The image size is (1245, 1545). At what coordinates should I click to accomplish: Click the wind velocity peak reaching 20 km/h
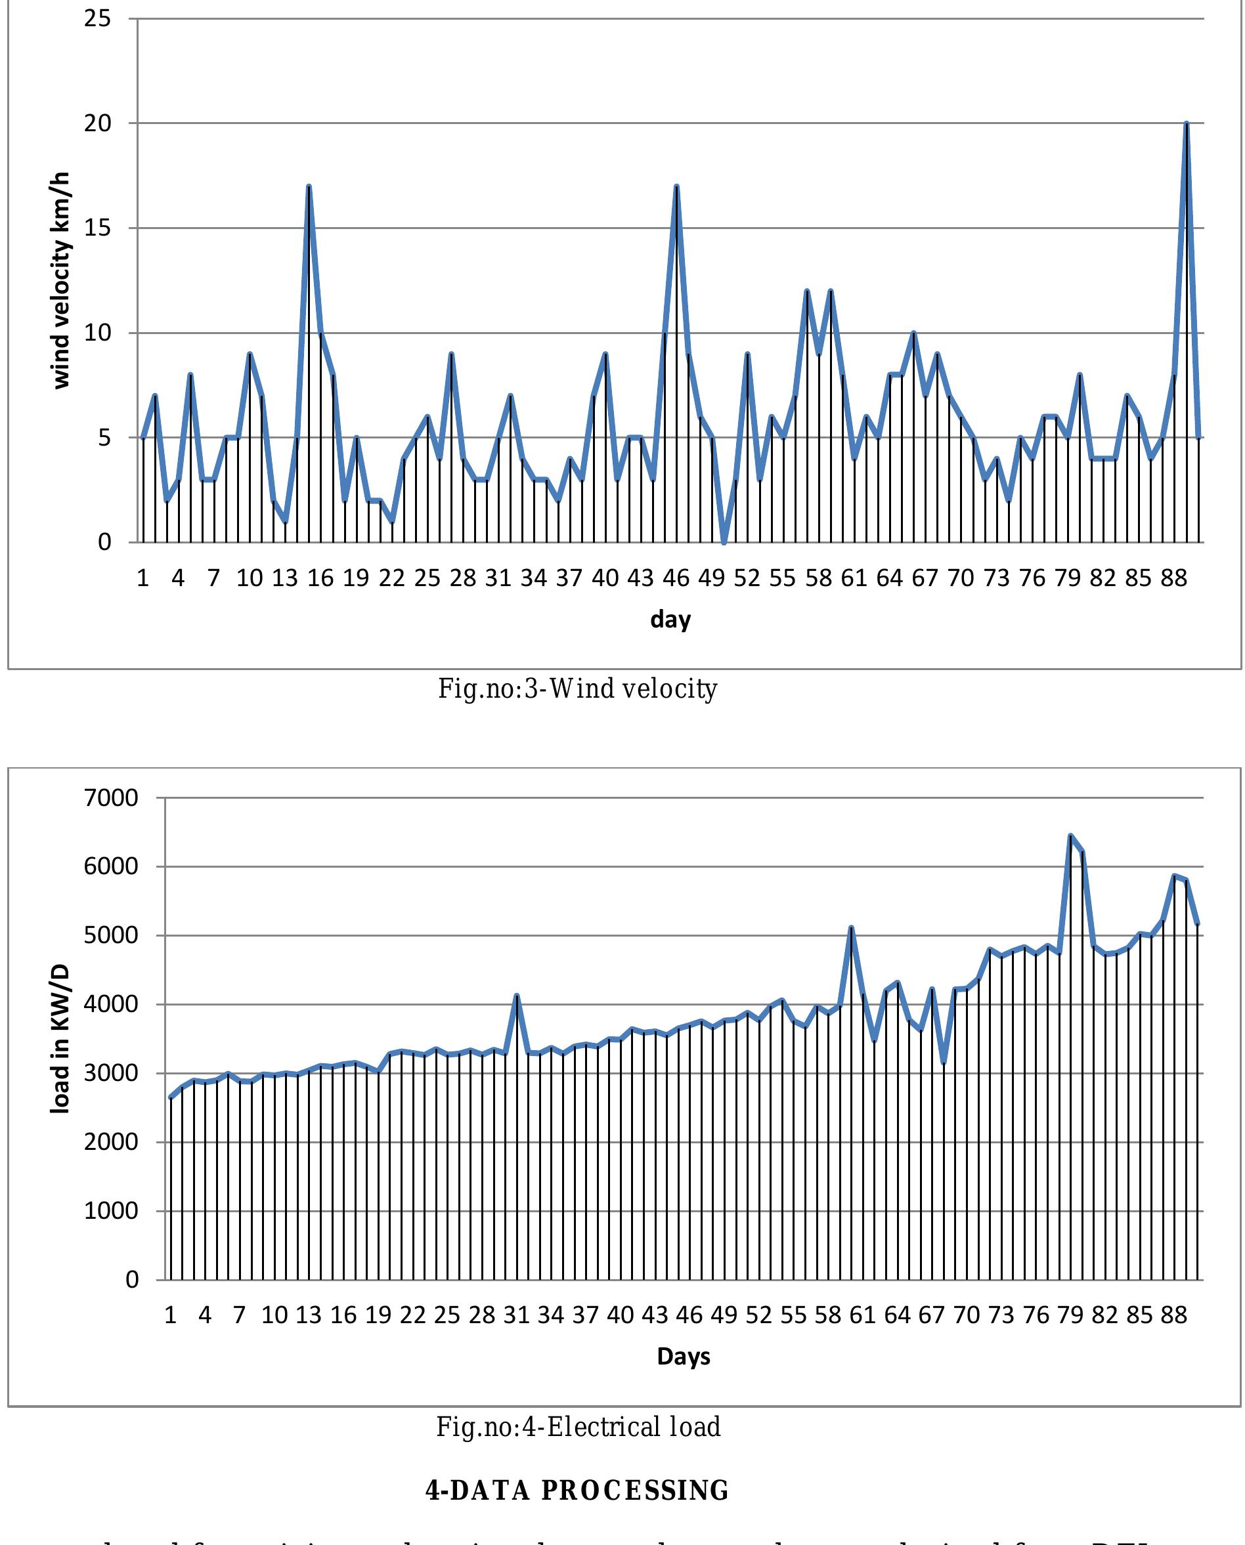(1186, 124)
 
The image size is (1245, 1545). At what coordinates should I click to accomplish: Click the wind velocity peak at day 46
(676, 187)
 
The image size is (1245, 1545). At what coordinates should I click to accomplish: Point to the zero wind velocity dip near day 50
(724, 542)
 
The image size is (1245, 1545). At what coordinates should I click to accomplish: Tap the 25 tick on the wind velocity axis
(98, 18)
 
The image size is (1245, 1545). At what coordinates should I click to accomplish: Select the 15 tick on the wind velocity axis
(98, 228)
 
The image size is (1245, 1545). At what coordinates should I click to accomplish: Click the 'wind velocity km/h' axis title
(62, 280)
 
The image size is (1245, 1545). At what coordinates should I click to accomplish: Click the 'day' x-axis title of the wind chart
(670, 619)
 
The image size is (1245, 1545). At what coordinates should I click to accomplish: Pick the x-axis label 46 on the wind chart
(676, 578)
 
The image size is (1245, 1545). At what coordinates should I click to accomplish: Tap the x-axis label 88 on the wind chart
(1173, 578)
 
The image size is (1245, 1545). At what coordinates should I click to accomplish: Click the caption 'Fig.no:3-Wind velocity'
(577, 689)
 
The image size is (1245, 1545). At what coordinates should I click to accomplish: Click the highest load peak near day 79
(1070, 836)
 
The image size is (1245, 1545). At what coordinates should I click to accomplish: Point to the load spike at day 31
(516, 996)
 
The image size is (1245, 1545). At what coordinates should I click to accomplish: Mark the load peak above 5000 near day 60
(850, 929)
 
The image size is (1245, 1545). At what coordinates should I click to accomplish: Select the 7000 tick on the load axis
(111, 798)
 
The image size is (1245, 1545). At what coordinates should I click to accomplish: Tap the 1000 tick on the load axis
(111, 1211)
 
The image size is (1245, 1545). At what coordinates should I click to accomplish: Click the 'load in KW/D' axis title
(60, 1039)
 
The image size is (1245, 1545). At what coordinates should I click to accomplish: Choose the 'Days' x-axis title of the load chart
(684, 1357)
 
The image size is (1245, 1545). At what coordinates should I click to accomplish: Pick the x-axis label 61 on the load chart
(862, 1315)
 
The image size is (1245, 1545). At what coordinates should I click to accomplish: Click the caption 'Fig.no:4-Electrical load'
(578, 1427)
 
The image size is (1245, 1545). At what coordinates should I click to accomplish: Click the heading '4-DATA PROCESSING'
(577, 1491)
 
